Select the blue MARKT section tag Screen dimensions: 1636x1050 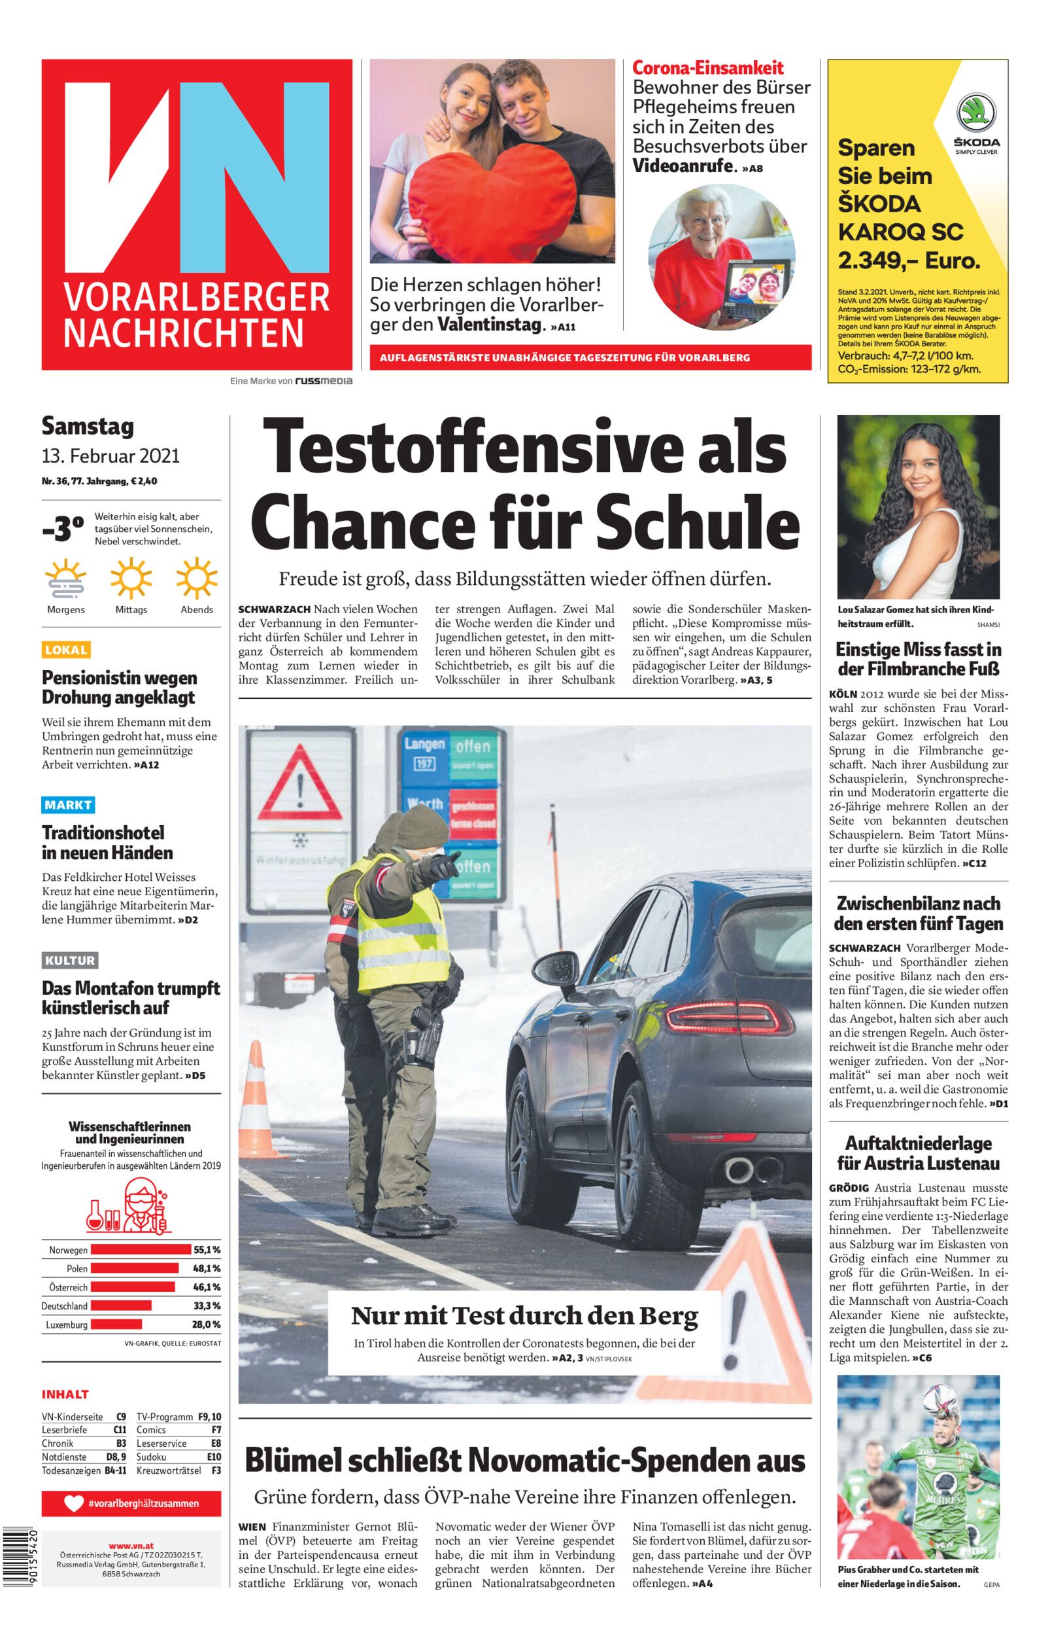(x=68, y=805)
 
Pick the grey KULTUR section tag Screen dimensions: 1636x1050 (x=69, y=961)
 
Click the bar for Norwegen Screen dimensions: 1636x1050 (x=141, y=1250)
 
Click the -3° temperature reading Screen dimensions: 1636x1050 (x=63, y=529)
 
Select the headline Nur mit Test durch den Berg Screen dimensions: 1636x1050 (x=524, y=1315)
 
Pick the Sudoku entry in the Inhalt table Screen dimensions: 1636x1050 (x=152, y=1457)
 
